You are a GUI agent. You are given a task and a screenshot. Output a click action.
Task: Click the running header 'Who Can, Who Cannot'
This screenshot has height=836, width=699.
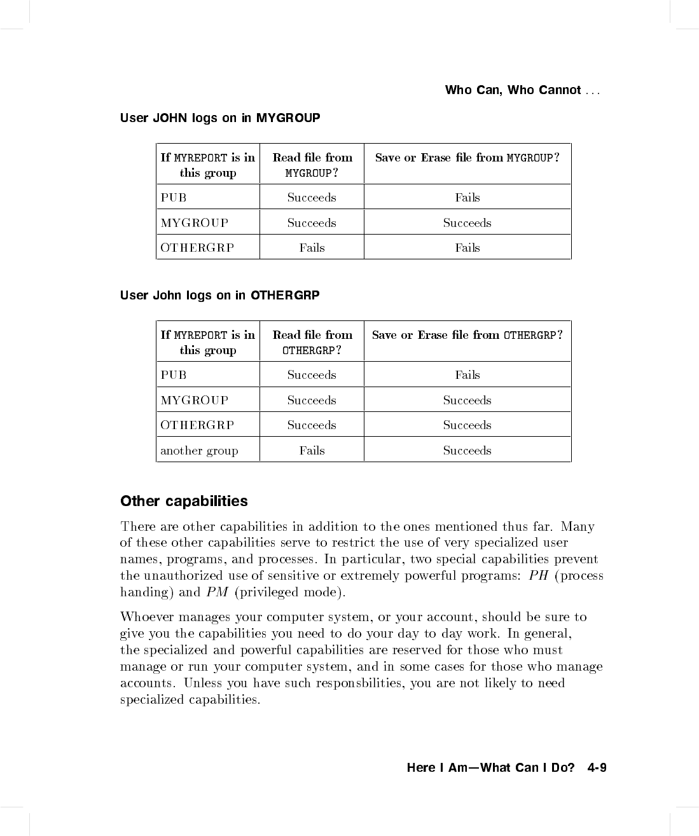click(x=513, y=90)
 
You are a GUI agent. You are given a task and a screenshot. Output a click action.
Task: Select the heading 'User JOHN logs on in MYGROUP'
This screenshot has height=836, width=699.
click(x=220, y=118)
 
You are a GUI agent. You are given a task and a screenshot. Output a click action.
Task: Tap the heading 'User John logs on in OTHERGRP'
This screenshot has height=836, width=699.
click(x=219, y=295)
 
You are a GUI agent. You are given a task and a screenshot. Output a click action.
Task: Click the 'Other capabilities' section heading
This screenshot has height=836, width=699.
click(x=184, y=501)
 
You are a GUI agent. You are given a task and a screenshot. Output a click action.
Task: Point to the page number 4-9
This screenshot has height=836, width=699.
click(x=597, y=767)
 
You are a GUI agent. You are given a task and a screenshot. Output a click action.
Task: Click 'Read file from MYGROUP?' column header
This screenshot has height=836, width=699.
click(x=312, y=165)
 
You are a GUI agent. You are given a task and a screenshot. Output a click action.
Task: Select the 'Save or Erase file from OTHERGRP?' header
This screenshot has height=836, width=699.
click(x=467, y=335)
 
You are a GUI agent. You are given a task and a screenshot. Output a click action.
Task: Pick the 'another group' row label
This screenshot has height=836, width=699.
click(x=199, y=450)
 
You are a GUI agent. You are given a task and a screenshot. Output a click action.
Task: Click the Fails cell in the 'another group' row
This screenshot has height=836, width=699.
click(x=312, y=450)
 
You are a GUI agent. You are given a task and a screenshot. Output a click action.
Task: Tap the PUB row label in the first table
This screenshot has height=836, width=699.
click(x=174, y=197)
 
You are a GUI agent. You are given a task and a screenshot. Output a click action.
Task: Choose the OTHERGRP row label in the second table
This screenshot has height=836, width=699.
click(x=197, y=425)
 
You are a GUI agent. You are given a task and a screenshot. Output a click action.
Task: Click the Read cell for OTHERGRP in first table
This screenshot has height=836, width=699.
click(x=312, y=247)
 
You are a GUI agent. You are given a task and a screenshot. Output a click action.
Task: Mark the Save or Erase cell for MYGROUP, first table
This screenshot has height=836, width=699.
click(x=467, y=223)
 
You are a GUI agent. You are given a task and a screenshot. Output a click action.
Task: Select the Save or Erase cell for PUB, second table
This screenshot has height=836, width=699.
click(x=467, y=374)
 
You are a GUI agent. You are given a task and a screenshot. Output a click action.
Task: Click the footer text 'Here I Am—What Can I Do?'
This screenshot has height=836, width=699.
click(x=490, y=767)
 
